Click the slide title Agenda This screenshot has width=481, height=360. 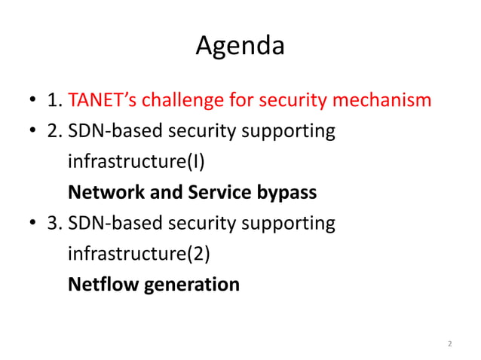click(240, 47)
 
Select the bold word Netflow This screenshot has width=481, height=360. click(97, 285)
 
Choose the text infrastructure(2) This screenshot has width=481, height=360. click(138, 254)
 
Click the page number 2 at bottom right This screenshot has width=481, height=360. click(449, 344)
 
